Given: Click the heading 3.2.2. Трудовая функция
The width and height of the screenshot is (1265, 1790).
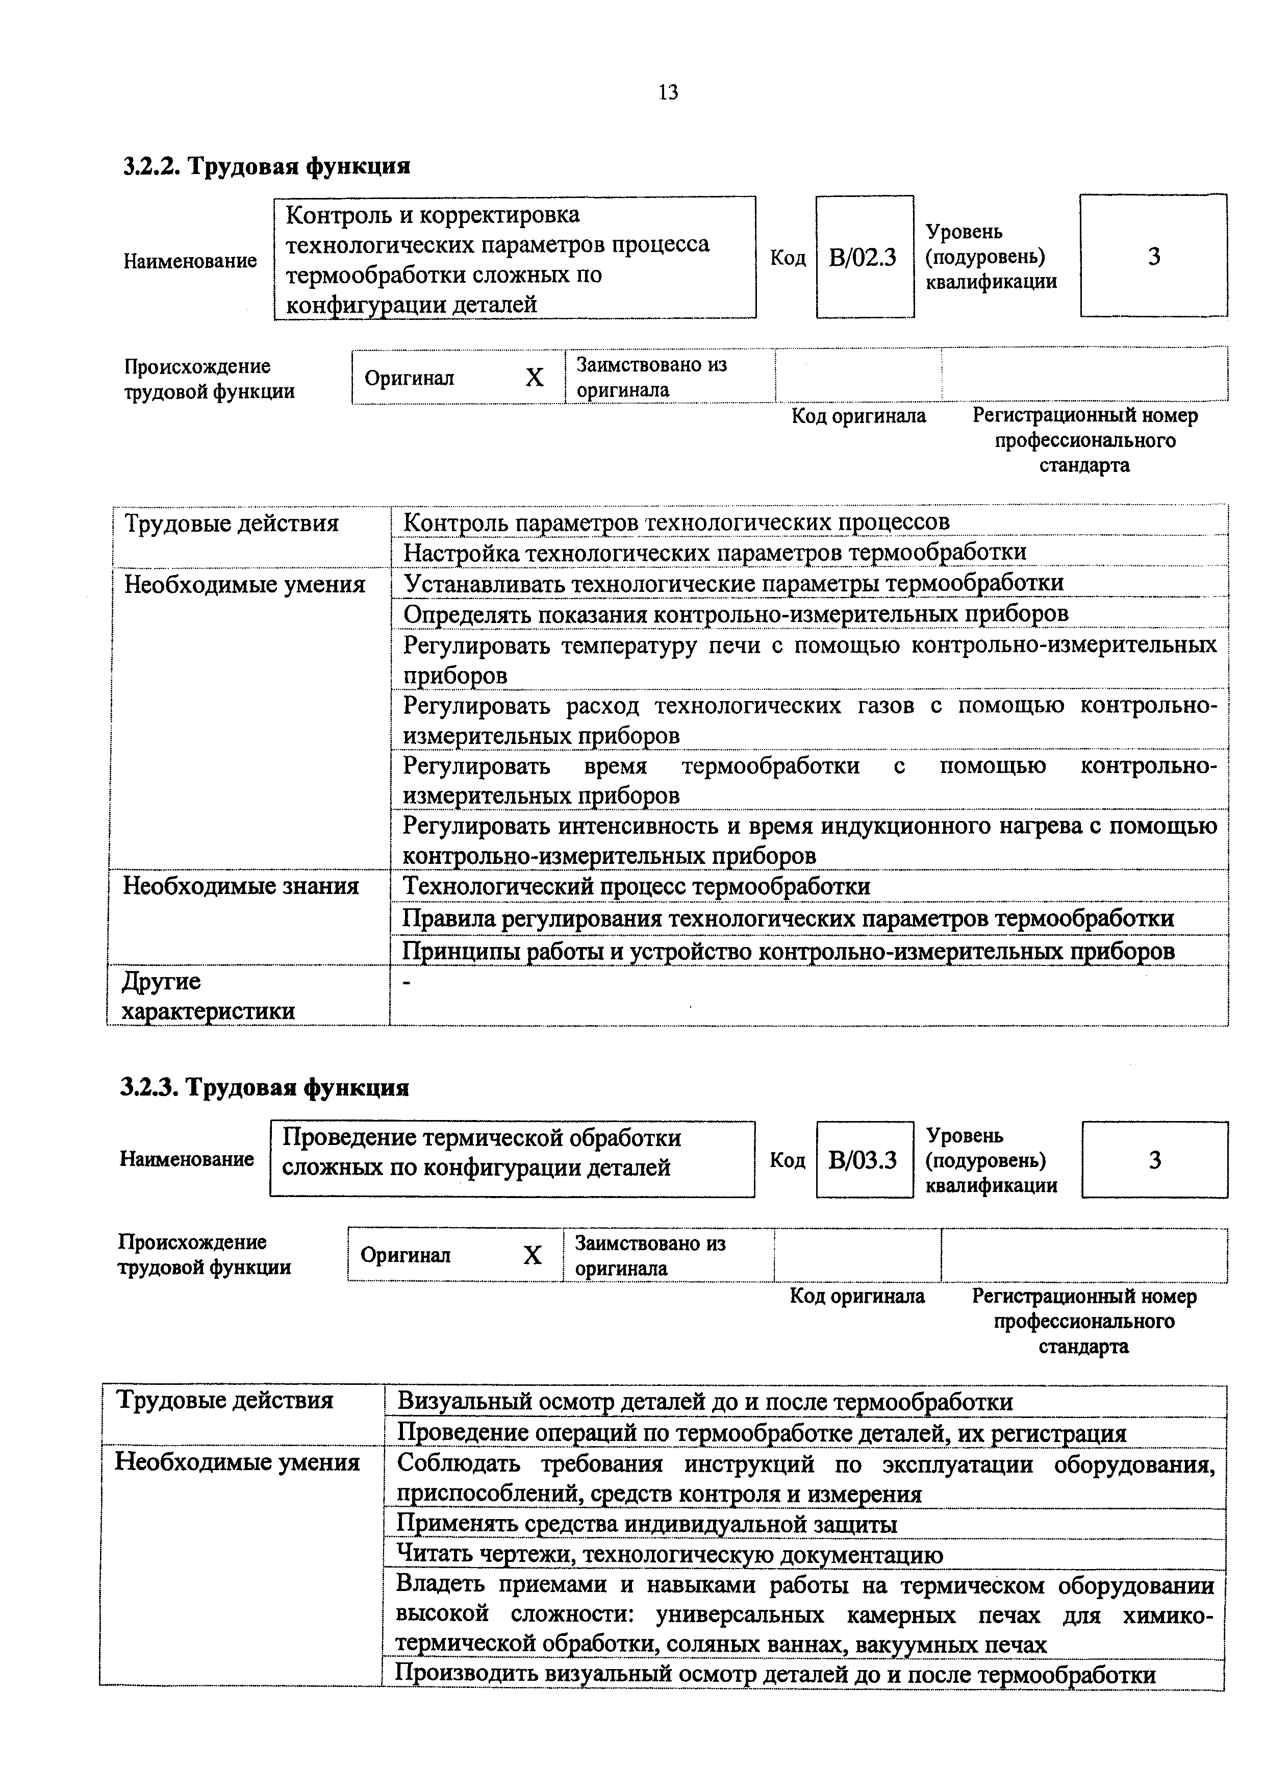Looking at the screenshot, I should pos(267,166).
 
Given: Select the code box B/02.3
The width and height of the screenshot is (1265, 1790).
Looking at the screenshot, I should pos(863,257).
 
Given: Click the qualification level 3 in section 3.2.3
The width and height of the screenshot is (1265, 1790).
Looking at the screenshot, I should pos(1154,1160).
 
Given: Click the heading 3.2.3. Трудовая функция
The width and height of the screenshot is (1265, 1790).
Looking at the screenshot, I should pos(265,1087).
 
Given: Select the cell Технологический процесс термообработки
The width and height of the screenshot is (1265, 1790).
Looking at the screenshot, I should pos(636,886).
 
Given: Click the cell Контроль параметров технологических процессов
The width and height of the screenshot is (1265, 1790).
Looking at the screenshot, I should pos(676,521).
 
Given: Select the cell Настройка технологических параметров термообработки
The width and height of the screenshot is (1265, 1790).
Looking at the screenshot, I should pos(714,552).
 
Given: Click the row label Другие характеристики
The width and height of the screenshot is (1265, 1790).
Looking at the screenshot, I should pos(208,996).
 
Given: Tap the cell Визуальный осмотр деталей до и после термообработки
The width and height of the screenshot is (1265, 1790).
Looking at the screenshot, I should pos(704,1402).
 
